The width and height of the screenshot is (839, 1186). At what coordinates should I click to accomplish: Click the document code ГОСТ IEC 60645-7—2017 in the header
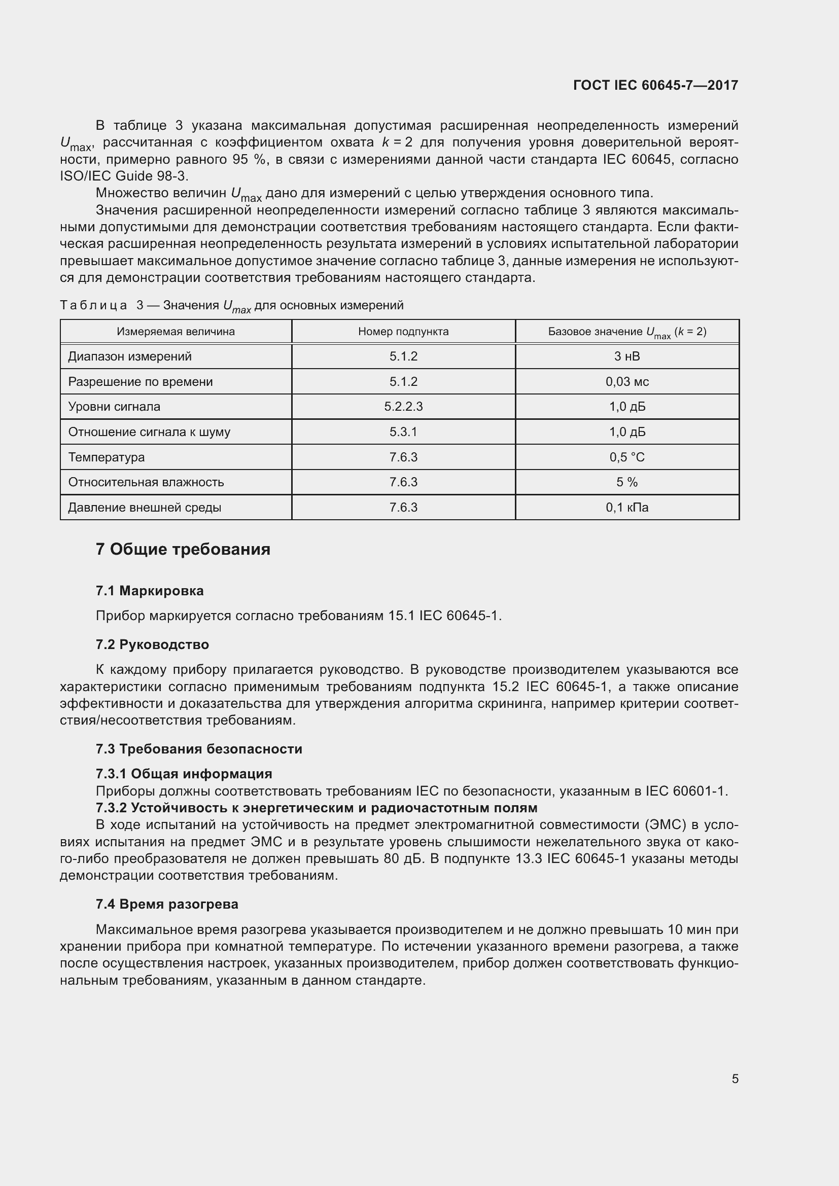point(655,85)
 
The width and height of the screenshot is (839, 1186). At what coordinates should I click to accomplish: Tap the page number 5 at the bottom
point(735,1079)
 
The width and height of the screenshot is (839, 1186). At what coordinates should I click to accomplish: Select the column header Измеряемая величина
point(176,332)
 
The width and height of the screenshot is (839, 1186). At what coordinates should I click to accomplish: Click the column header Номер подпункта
point(403,332)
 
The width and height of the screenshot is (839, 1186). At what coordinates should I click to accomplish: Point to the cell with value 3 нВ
point(626,356)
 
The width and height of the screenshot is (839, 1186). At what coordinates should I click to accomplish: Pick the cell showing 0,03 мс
point(626,382)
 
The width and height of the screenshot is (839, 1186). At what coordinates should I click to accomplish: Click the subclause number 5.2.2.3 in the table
point(403,407)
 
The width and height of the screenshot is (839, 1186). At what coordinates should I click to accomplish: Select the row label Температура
point(107,457)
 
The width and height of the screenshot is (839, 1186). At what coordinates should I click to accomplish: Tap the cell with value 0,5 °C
point(626,457)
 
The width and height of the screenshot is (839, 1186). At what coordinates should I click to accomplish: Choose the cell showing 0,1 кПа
point(626,507)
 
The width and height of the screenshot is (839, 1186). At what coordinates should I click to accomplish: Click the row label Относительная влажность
point(146,482)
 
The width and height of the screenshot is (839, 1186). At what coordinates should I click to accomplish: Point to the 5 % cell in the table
point(626,482)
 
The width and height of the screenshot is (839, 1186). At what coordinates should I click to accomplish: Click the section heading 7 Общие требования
point(183,549)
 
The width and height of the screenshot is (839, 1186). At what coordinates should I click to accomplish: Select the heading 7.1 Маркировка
point(149,590)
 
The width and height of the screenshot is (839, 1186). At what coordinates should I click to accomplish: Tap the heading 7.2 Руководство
point(152,644)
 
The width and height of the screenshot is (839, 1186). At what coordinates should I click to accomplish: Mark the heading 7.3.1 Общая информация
point(184,773)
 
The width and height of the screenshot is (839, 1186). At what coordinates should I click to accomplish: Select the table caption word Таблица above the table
point(93,305)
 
